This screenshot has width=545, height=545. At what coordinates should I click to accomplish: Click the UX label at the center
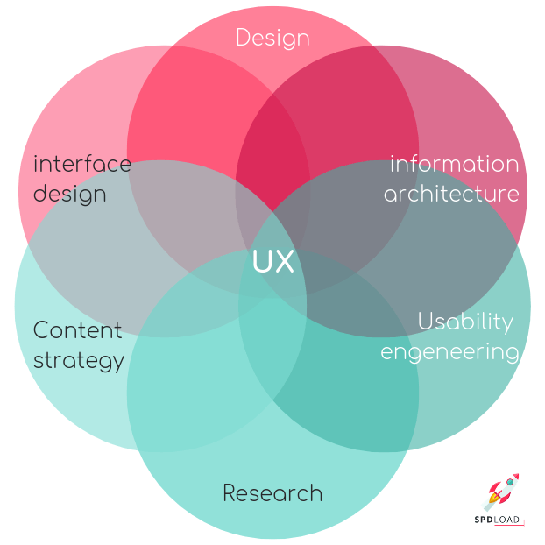[272, 262]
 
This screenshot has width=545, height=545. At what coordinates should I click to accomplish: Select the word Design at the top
[272, 39]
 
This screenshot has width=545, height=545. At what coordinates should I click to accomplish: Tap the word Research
[272, 493]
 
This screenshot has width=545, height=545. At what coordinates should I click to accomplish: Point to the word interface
[81, 164]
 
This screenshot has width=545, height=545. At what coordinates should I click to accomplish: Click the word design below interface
[69, 194]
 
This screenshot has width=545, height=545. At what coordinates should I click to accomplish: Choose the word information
[455, 164]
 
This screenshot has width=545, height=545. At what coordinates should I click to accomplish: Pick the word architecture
[450, 193]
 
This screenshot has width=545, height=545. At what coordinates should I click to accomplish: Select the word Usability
[465, 322]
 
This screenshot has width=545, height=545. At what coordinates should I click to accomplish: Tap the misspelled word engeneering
[449, 352]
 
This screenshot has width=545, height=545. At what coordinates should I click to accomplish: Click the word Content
[77, 330]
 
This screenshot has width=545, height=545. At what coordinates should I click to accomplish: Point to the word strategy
[79, 359]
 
